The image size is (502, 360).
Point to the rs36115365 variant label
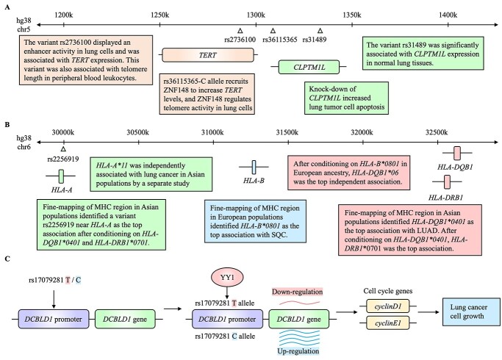274,40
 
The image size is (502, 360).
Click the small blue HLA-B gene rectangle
254,167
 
